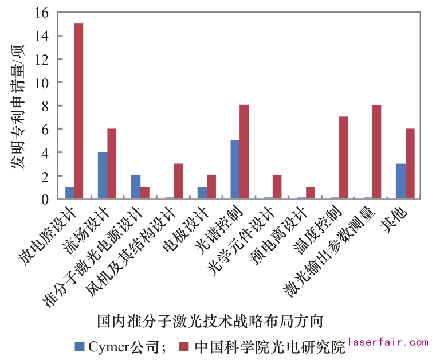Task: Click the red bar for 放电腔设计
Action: click(x=78, y=111)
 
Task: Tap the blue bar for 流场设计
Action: click(x=103, y=175)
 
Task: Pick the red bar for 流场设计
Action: click(x=112, y=164)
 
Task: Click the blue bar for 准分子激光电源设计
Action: click(x=136, y=187)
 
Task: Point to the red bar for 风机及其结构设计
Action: click(x=178, y=181)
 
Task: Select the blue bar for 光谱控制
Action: click(x=235, y=170)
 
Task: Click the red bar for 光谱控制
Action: click(x=244, y=152)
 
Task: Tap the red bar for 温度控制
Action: click(x=344, y=158)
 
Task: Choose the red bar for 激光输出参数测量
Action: click(x=376, y=152)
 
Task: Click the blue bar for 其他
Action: click(x=400, y=181)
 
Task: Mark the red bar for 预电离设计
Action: click(x=311, y=193)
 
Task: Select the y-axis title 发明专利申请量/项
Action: click(x=17, y=106)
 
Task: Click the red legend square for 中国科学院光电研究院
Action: click(x=184, y=346)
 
